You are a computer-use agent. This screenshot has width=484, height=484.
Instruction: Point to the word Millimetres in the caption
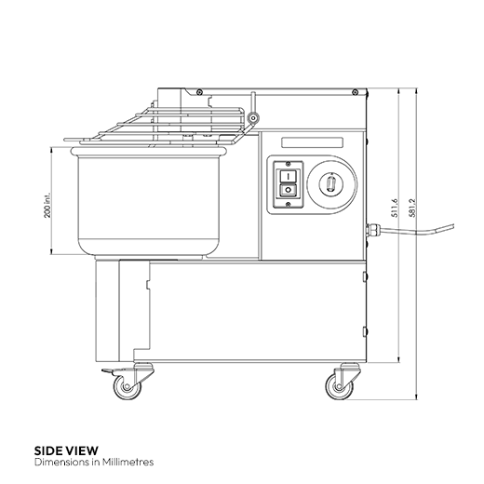click(125, 461)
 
